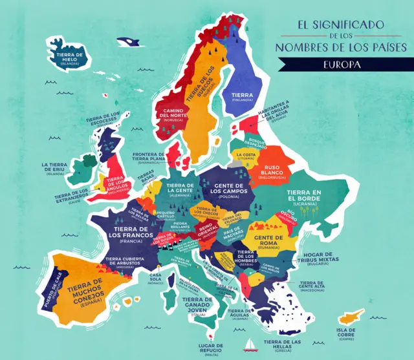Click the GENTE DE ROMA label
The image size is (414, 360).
click(278, 241)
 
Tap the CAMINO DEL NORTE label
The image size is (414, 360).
click(173, 114)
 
